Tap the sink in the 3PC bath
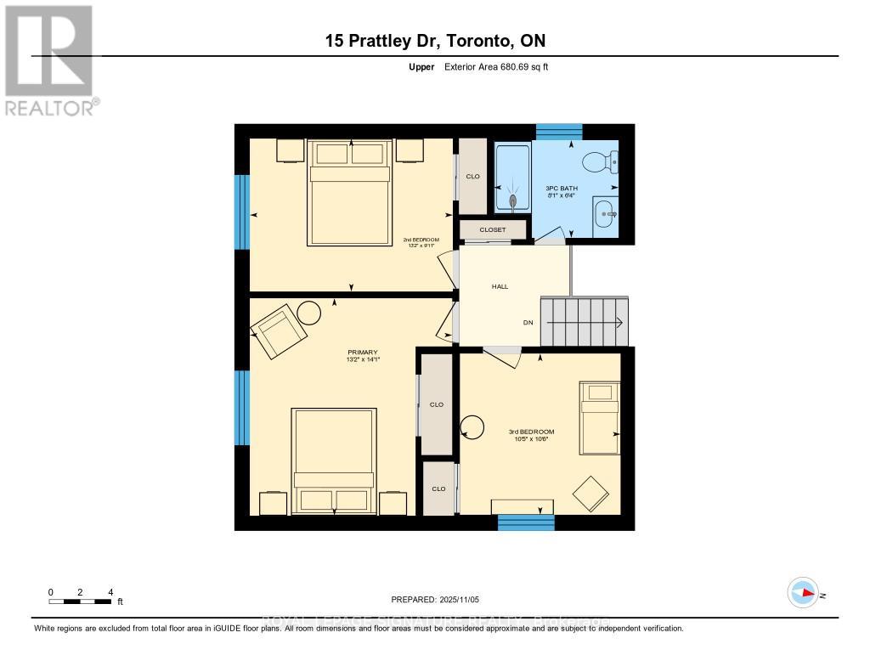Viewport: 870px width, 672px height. coord(605,214)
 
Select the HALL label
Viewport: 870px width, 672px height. coord(500,286)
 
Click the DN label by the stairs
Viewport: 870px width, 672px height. coord(528,323)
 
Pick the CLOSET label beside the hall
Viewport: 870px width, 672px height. coord(493,229)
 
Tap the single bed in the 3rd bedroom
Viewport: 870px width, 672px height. coord(600,418)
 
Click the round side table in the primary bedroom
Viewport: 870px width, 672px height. coord(309,313)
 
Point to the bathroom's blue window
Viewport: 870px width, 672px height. coord(559,132)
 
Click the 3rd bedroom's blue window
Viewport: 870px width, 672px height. coord(525,522)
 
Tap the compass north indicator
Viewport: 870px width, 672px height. coord(803,593)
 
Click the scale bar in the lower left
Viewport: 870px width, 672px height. coord(80,601)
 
